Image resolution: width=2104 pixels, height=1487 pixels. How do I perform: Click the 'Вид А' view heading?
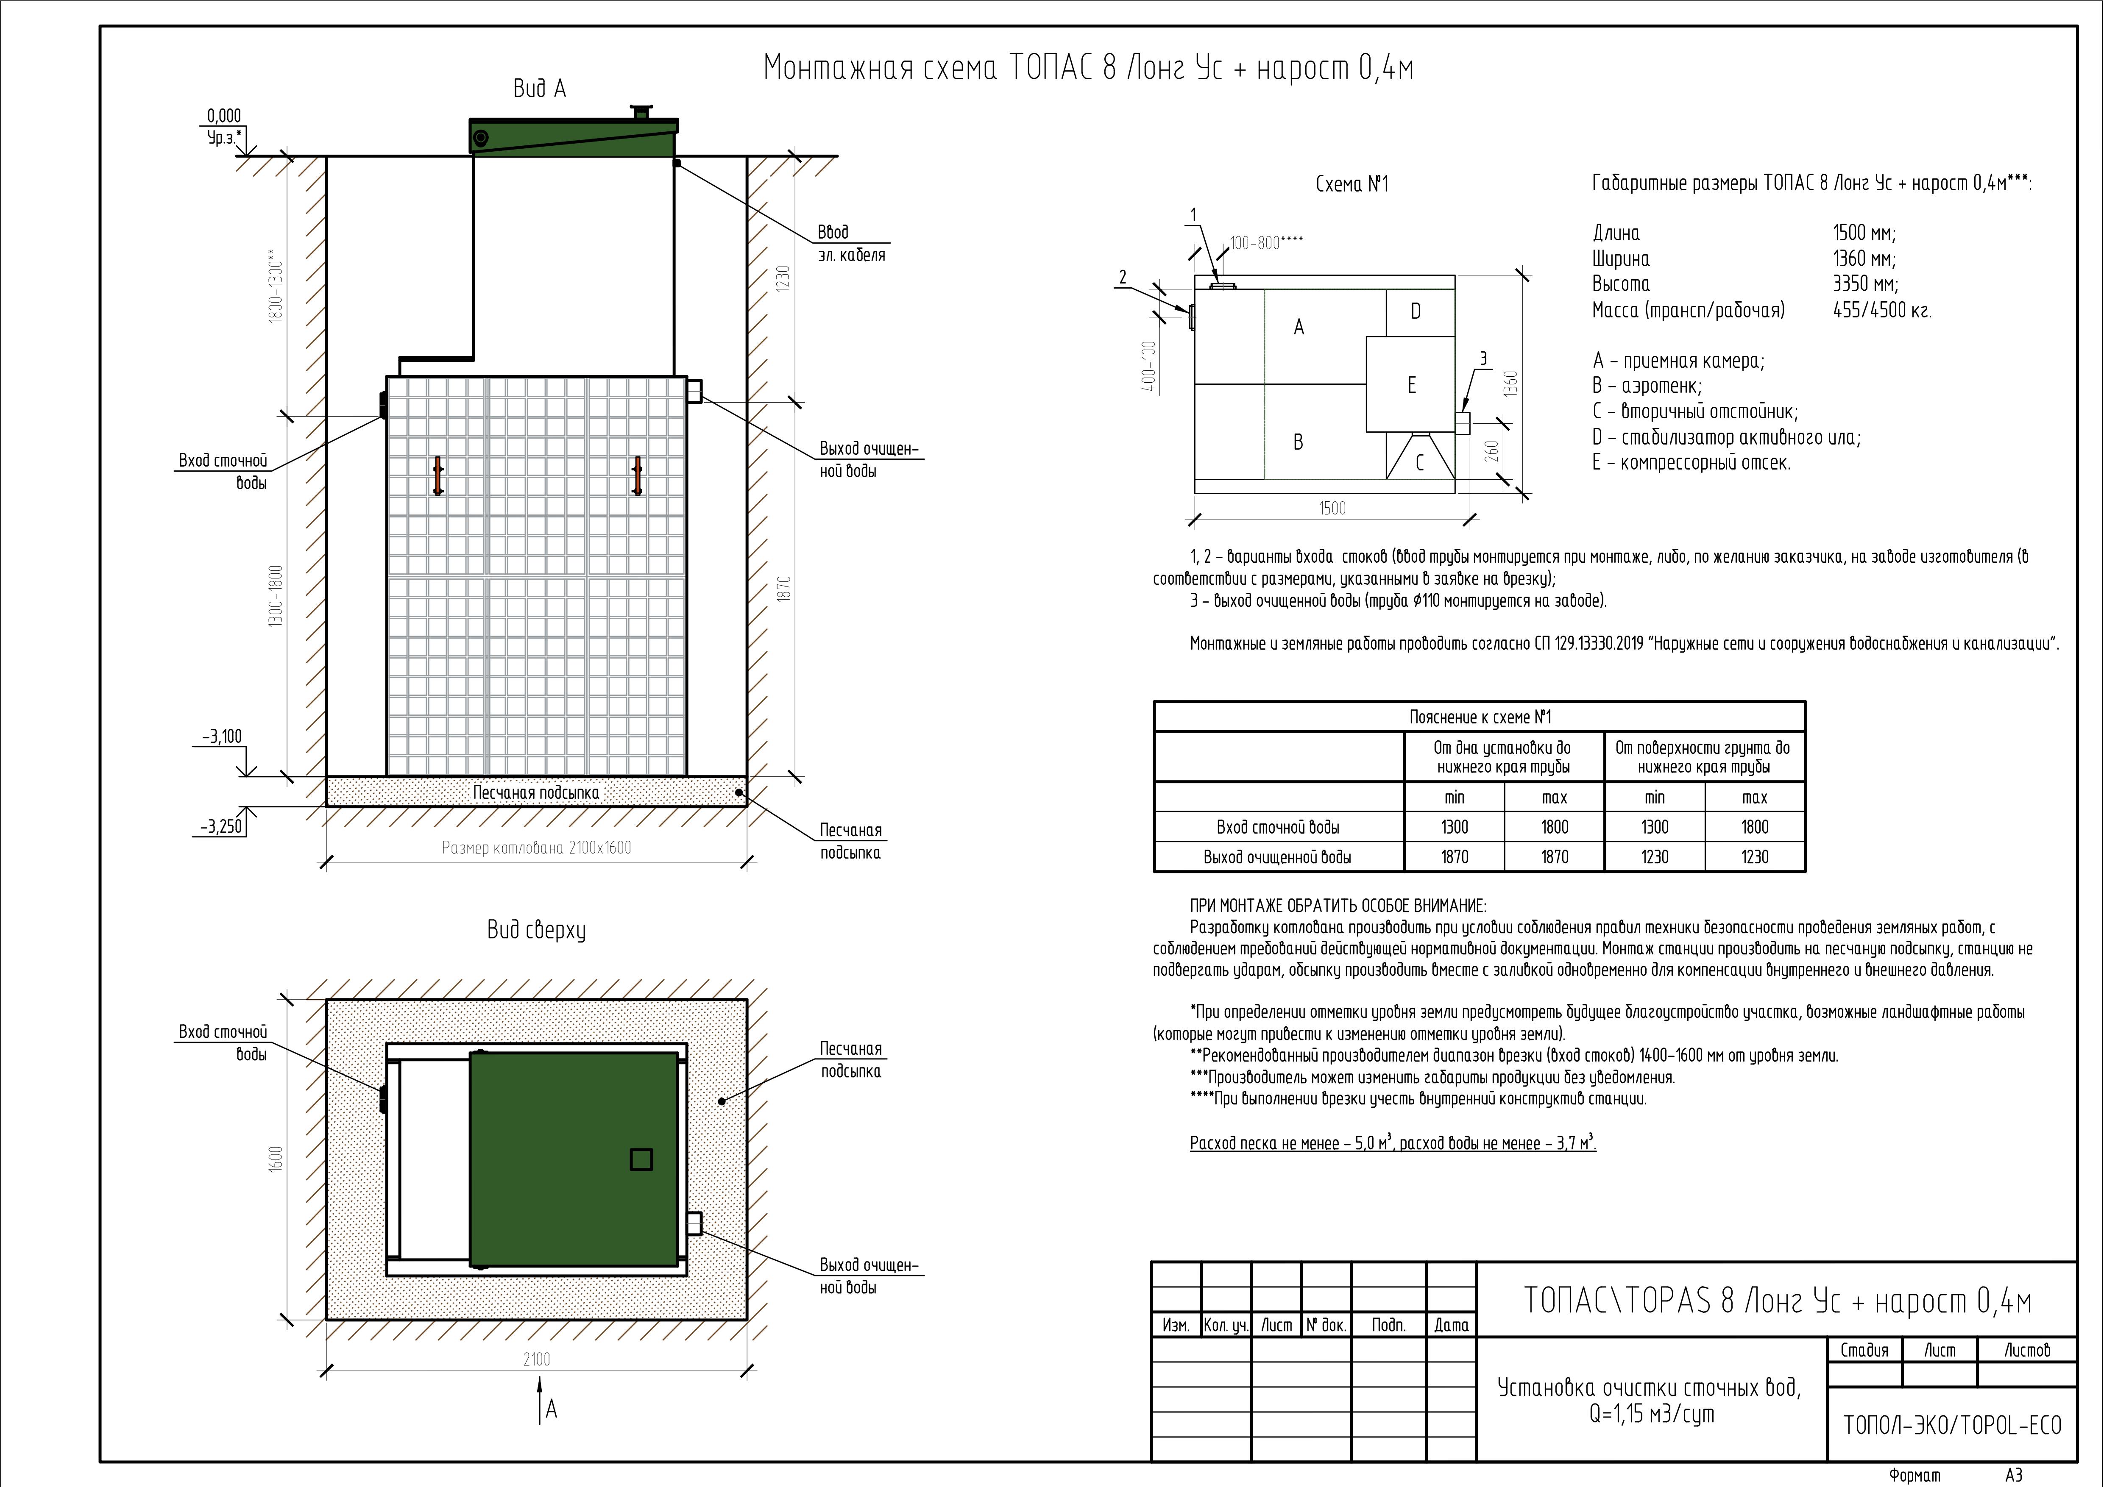(x=540, y=89)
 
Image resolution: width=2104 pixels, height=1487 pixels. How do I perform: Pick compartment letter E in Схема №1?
(x=1412, y=385)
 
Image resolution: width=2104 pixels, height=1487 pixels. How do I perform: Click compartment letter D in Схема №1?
(x=1416, y=311)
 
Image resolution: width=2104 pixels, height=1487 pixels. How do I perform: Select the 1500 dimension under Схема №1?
(x=1332, y=509)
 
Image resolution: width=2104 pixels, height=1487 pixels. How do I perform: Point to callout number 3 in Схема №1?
(x=1483, y=359)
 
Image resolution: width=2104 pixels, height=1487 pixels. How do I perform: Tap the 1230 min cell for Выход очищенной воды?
(x=1655, y=857)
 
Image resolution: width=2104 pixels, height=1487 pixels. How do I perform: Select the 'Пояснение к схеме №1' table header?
(x=1480, y=717)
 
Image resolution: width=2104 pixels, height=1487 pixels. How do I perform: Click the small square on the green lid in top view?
(x=641, y=1159)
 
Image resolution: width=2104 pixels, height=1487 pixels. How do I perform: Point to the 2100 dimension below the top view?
(x=537, y=1359)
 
